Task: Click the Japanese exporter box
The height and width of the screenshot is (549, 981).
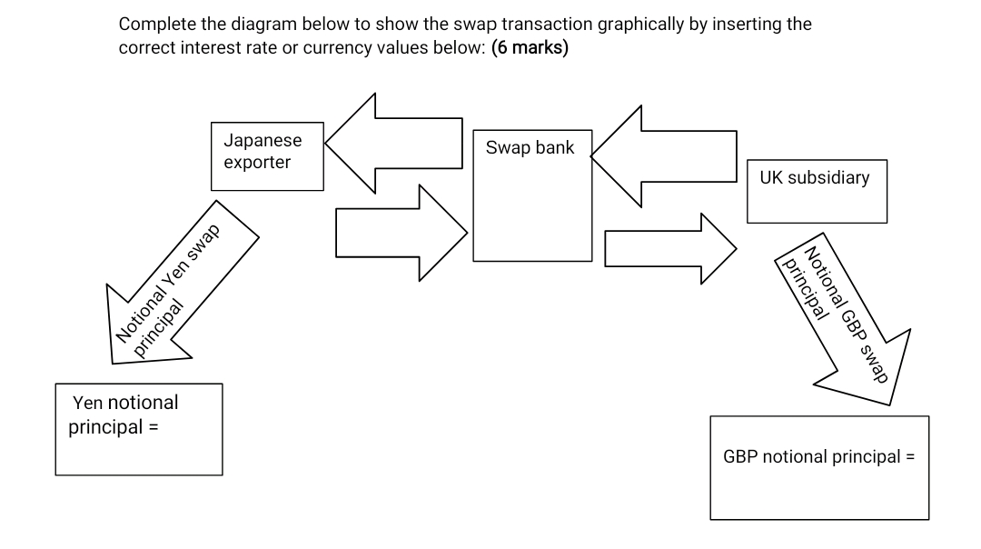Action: coord(267,155)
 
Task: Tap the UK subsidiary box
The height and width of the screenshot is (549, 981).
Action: coord(817,191)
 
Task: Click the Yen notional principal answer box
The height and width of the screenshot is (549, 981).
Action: coord(139,429)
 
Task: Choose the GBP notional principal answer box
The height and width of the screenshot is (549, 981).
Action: coord(819,468)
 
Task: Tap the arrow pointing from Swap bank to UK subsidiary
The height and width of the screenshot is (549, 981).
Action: coord(669,248)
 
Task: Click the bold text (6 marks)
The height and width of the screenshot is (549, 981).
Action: coord(530,47)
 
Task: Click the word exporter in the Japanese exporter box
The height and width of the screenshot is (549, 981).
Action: coord(257,163)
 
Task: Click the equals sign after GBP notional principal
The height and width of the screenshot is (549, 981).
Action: coord(909,456)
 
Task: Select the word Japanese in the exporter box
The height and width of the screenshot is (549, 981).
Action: coord(263,141)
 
